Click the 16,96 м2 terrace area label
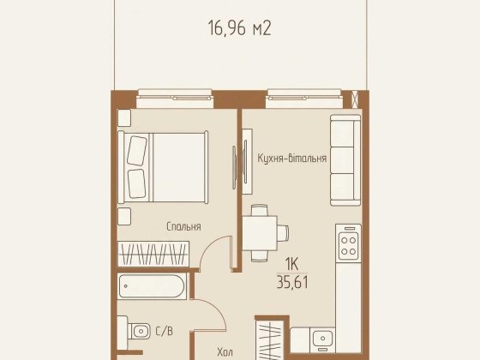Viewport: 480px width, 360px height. tap(240, 28)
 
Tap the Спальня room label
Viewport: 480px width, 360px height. tap(183, 226)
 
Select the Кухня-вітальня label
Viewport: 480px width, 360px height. tap(291, 159)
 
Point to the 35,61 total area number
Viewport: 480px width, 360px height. tap(292, 282)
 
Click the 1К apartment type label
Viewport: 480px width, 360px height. tap(291, 264)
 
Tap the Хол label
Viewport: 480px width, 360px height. tap(225, 352)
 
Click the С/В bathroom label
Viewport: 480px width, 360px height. tap(165, 331)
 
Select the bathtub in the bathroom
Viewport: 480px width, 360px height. tap(153, 286)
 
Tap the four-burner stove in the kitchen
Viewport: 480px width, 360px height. tap(348, 243)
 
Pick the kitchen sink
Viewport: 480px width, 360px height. tap(322, 339)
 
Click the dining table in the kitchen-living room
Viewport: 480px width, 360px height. tap(260, 233)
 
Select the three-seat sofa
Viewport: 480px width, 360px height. tap(345, 160)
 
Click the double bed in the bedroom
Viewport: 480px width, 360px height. tap(163, 167)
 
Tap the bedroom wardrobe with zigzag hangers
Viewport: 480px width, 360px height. tap(153, 254)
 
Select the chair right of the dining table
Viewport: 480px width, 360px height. tap(283, 233)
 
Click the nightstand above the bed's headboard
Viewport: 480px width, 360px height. tap(124, 118)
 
